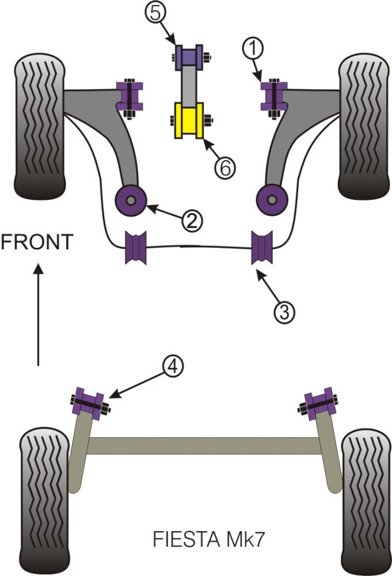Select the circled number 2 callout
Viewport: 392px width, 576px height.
[x=192, y=220]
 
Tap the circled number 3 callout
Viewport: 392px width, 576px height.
[x=284, y=312]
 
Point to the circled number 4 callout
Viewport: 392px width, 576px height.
[x=173, y=367]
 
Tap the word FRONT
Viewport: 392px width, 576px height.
[x=37, y=242]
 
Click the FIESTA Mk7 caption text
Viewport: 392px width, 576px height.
[x=208, y=540]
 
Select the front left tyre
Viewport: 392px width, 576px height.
[x=39, y=126]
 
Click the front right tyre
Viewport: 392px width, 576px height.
[x=363, y=126]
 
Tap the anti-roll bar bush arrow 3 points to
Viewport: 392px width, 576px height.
[x=262, y=247]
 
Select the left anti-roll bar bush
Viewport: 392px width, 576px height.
[x=136, y=247]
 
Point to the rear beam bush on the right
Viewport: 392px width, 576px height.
[x=318, y=403]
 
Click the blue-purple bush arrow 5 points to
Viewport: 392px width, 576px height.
[x=188, y=56]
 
